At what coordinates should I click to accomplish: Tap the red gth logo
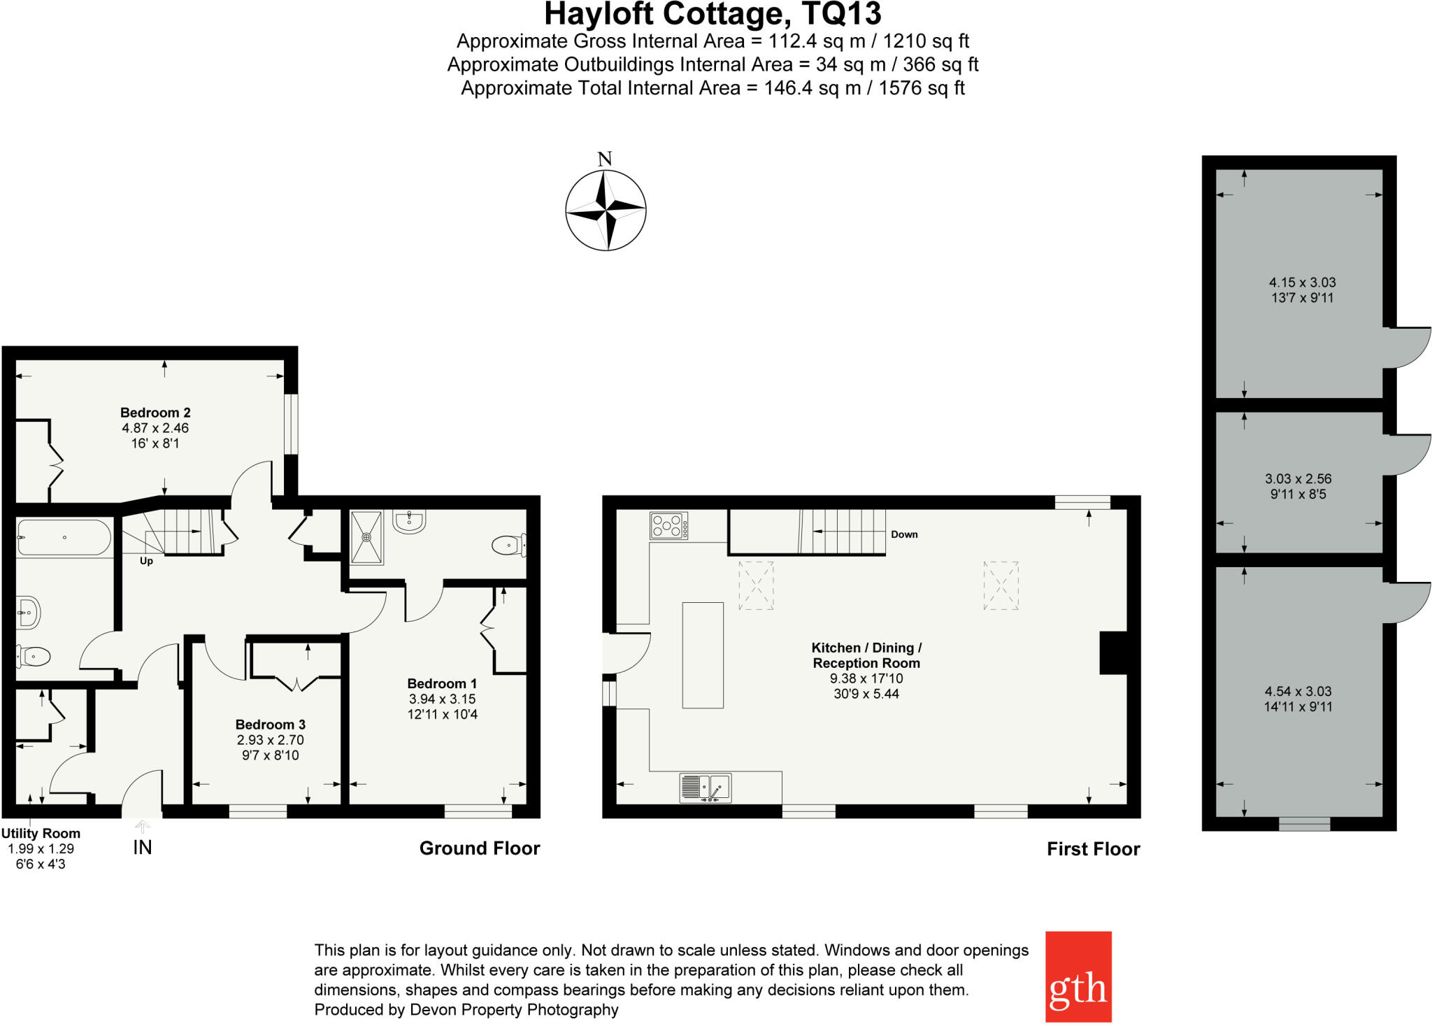[1077, 976]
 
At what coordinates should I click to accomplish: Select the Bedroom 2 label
[155, 413]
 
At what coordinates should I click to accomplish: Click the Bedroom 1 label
[442, 683]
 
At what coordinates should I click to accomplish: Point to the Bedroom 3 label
[270, 725]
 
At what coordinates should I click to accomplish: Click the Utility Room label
[41, 834]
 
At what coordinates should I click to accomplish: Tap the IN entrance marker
[142, 848]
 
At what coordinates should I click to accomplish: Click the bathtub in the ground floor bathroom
[64, 537]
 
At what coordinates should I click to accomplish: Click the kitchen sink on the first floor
[705, 788]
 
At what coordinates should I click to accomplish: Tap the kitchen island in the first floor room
[703, 655]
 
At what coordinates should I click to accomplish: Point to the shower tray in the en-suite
[367, 537]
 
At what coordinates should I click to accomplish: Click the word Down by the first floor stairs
[904, 534]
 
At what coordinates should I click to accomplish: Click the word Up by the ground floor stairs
[146, 561]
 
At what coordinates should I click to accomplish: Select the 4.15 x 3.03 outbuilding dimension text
[1302, 283]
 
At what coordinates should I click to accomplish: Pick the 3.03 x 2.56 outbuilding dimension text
[1298, 479]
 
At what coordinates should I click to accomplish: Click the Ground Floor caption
[480, 848]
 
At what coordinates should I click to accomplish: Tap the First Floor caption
[1093, 849]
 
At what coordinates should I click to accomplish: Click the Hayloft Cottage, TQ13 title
[713, 14]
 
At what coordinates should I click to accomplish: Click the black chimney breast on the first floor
[1113, 653]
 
